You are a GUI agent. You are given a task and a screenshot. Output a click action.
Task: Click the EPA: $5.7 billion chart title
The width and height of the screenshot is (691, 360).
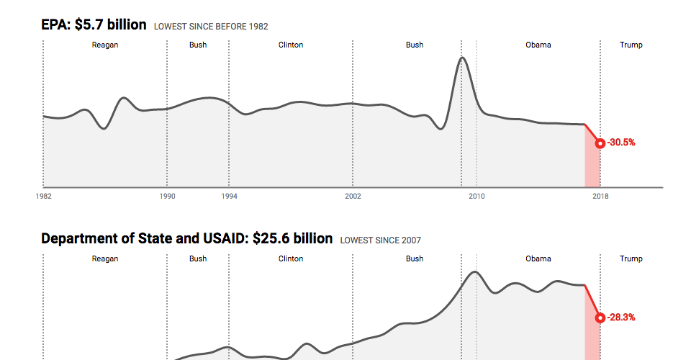[x=94, y=24]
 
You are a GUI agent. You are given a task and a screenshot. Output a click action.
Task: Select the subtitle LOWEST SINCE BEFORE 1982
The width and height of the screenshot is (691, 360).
[x=211, y=27]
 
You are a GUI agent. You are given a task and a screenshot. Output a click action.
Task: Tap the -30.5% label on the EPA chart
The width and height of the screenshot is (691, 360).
[x=621, y=143]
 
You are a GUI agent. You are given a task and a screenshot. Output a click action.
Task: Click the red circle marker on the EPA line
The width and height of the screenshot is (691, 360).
[x=600, y=143]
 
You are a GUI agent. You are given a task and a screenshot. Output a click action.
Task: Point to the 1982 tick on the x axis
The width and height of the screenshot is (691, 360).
[x=43, y=195]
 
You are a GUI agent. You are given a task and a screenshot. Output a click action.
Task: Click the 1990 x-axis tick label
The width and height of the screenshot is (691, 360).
[x=167, y=195]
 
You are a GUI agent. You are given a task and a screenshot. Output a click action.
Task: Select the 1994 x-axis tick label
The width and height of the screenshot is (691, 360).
[x=229, y=195]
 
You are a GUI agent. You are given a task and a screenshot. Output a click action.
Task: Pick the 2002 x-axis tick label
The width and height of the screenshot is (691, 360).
[x=353, y=195]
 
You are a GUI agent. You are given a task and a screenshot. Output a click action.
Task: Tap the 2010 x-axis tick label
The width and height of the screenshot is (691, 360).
[x=477, y=195]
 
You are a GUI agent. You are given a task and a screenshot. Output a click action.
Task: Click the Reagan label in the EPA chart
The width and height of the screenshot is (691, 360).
[x=105, y=45]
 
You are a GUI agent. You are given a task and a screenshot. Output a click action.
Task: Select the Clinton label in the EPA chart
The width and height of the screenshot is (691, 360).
[x=291, y=45]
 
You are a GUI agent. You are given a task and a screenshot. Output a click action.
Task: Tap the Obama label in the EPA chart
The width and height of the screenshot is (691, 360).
[x=538, y=45]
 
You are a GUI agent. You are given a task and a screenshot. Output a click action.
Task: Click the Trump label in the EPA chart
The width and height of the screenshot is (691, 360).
[x=631, y=45]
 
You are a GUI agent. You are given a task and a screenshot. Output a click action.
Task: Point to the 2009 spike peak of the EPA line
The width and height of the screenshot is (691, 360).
[x=462, y=58]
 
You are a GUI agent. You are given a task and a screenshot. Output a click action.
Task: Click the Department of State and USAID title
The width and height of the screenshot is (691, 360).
[x=186, y=238]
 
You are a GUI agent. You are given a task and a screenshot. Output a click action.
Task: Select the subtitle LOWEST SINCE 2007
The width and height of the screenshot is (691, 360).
[x=381, y=240]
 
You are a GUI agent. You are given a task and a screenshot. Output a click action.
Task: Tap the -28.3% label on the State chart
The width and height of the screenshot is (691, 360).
[x=621, y=317]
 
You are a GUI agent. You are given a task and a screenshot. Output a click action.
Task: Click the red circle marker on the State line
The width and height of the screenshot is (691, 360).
[x=600, y=317]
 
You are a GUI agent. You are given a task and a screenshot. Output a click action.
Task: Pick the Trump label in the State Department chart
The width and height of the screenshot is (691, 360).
[x=631, y=258]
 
